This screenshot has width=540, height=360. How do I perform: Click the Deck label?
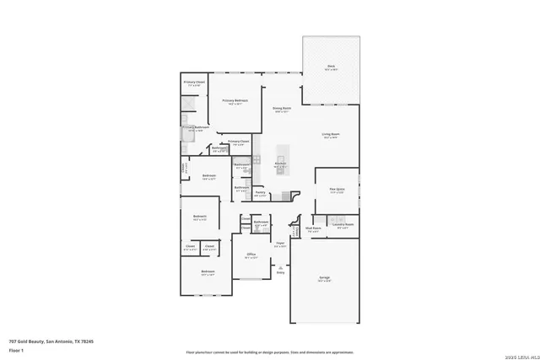332,67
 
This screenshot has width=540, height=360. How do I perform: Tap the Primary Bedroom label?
232,102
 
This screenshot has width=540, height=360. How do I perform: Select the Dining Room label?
282,110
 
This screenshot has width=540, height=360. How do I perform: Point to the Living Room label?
330,136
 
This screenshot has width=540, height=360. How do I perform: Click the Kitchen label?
280,164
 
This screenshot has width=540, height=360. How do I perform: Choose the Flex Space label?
337,191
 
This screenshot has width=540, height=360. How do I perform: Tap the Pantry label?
261,194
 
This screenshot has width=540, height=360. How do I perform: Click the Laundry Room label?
343,226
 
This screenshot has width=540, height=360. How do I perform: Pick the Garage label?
324,279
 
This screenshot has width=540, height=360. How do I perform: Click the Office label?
251,255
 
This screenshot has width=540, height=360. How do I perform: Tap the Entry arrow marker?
280,268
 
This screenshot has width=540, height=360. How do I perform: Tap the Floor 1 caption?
16,350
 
